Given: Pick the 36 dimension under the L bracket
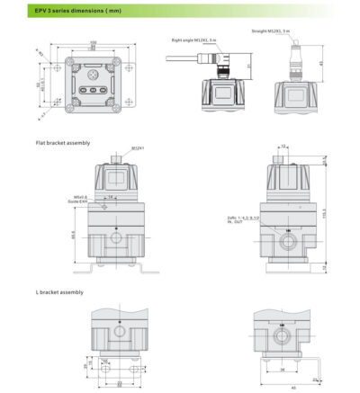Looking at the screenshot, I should tap(282, 368).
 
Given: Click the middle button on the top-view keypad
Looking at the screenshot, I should tap(93, 91).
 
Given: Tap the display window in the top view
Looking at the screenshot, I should tap(93, 74).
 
